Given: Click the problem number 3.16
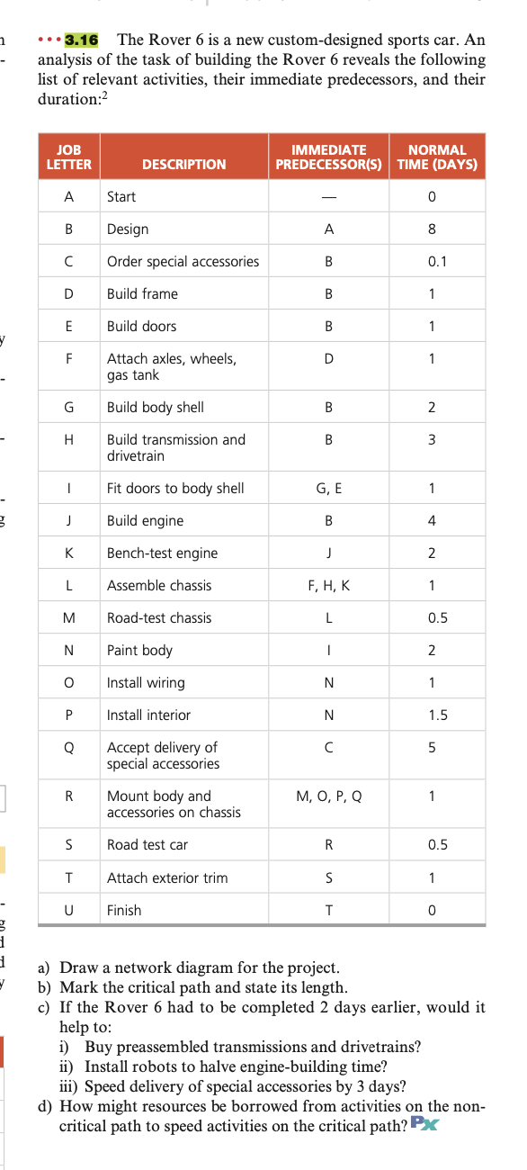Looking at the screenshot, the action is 82,40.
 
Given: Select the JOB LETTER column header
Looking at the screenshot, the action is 68,157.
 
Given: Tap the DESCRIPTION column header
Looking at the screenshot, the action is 184,164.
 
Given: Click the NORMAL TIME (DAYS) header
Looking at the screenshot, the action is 437,157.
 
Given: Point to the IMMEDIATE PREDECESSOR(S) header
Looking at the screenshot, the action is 328,157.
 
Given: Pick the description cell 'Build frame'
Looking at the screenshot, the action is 142,294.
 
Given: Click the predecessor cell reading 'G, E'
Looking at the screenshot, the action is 328,489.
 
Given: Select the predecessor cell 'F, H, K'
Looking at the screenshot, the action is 328,586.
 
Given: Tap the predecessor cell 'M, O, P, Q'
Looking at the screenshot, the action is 328,796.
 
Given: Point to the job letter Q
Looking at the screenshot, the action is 68,747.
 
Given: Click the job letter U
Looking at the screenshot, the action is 68,910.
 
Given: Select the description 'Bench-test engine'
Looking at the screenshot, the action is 162,553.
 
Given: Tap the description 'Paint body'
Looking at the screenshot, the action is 139,651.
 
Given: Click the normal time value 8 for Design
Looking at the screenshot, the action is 433,229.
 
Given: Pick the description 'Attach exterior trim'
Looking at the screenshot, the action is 167,877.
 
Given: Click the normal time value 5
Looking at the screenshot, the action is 433,747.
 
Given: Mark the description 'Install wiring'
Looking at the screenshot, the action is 146,683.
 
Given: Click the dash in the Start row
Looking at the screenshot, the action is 328,196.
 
